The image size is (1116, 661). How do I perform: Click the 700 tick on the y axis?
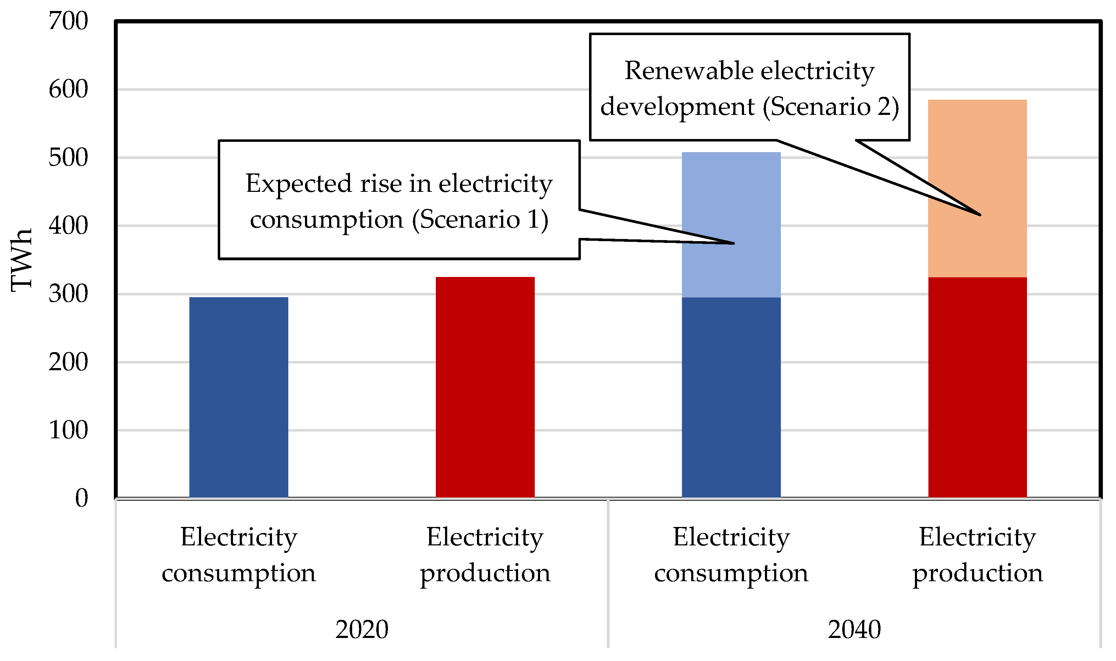68,21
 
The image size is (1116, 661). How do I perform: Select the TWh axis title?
21,260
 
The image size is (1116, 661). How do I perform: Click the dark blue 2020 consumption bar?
239,396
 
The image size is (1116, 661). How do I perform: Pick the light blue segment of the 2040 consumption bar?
731,200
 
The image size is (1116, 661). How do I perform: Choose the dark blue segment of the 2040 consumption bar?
731,396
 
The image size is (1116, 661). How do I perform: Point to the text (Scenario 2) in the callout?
831,107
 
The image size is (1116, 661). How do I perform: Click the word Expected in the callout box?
299,183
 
